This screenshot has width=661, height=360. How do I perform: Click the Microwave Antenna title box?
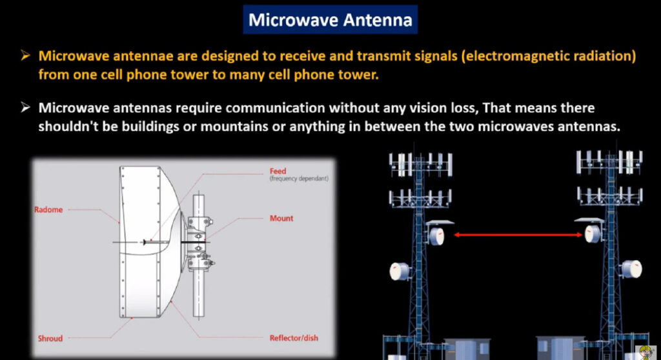(330, 19)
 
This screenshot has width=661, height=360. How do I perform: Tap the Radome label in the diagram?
(48, 210)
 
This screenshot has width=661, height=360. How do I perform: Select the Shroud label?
(50, 338)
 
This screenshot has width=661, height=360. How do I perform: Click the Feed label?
(278, 171)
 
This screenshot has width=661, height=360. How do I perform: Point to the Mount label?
(281, 218)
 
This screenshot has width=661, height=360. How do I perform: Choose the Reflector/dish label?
(294, 337)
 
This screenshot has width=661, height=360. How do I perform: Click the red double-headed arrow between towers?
(518, 235)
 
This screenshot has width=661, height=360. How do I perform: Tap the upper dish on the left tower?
(436, 235)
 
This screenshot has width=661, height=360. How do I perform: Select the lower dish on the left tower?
(400, 271)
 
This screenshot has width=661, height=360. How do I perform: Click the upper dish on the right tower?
(593, 234)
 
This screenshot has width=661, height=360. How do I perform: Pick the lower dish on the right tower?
(631, 269)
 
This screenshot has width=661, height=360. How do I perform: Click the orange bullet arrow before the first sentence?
(25, 55)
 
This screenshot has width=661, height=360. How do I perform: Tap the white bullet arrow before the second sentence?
(25, 108)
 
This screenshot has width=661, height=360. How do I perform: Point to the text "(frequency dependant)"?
(299, 179)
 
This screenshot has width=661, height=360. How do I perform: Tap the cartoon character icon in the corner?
(646, 352)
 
